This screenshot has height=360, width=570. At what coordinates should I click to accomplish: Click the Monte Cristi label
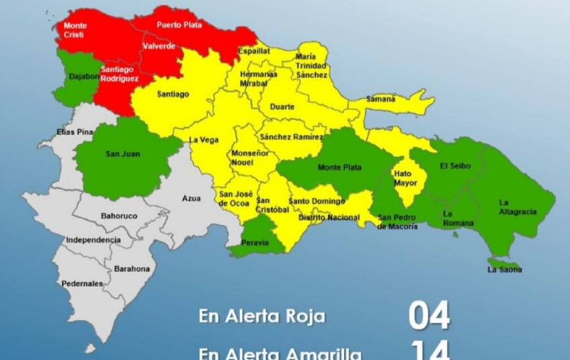75,30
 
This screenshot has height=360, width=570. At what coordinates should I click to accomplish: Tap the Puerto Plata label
179,25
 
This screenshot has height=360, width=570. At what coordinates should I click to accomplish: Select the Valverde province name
159,46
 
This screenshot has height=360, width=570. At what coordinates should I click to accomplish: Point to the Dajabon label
84,77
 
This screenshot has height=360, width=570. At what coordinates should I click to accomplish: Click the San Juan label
123,154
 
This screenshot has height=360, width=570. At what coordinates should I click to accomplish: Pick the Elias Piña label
75,132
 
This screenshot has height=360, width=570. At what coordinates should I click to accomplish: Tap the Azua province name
192,199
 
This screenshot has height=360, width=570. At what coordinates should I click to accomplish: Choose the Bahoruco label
118,216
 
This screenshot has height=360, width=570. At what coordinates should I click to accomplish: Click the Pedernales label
82,283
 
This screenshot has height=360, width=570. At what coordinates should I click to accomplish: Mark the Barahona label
132,269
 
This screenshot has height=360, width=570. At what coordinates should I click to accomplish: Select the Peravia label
255,242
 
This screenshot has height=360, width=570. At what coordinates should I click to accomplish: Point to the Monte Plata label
339,167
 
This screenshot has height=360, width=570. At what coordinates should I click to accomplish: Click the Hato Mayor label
405,178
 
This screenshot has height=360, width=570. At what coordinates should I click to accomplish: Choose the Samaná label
380,99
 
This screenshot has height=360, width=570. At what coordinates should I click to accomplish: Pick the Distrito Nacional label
329,218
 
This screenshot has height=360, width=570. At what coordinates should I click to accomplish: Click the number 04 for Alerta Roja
429,316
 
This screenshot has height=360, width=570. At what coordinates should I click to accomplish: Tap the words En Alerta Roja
261,316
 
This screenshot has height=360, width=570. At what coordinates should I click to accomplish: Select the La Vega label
204,140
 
